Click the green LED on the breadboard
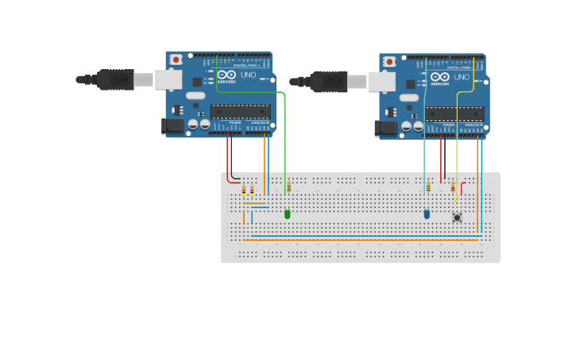pyautogui.click(x=288, y=214)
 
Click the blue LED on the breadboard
pyautogui.click(x=427, y=214)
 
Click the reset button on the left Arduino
pyautogui.click(x=176, y=60)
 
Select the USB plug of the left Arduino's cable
pyautogui.click(x=115, y=79)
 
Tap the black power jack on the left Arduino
pyautogui.click(x=172, y=126)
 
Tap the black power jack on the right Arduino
pyautogui.click(x=386, y=128)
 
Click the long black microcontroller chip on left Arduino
pyautogui.click(x=240, y=111)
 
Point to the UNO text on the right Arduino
pyautogui.click(x=462, y=77)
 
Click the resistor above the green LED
pyautogui.click(x=288, y=188)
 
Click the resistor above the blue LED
pyautogui.click(x=428, y=188)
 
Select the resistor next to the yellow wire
pyautogui.click(x=453, y=188)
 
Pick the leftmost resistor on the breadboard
pyautogui.click(x=243, y=191)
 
